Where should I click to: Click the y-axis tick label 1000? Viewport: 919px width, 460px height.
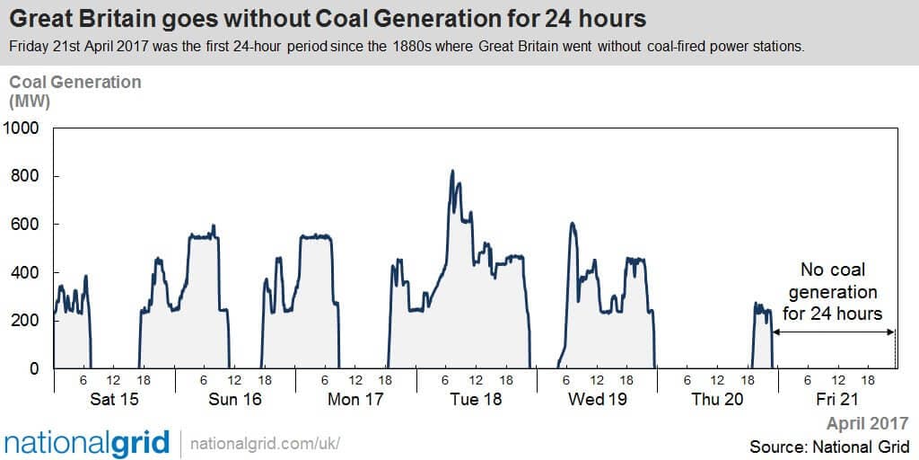click(x=22, y=128)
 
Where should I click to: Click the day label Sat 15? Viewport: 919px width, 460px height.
click(x=114, y=400)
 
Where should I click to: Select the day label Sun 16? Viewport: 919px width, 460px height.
click(x=235, y=400)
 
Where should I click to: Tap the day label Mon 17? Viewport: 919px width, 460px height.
click(x=355, y=400)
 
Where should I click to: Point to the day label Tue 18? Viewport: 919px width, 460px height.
click(x=476, y=400)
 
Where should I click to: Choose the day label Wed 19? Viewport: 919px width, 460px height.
click(x=597, y=400)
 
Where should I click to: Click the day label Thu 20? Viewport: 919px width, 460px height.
click(x=717, y=400)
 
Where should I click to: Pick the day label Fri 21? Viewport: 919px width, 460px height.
click(x=837, y=400)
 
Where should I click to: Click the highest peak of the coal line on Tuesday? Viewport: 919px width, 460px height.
click(x=452, y=171)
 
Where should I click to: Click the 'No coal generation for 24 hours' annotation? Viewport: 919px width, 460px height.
click(x=832, y=292)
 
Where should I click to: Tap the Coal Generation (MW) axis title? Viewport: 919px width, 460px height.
click(x=74, y=91)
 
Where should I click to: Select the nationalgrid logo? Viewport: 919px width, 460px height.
click(x=87, y=444)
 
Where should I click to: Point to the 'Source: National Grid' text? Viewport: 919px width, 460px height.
click(x=829, y=446)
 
